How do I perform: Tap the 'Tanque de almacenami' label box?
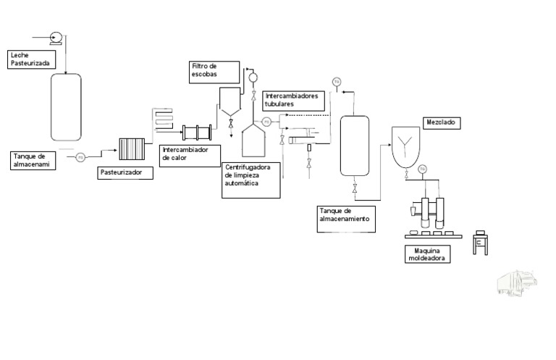coord(33,160)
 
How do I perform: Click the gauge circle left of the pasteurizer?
coord(80,156)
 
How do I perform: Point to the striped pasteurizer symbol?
coord(132,148)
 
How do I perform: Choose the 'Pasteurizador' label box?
coord(125,173)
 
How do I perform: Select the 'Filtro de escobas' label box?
coord(214,70)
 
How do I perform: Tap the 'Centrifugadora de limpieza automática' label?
coord(251,179)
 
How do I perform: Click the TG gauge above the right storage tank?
coord(337,81)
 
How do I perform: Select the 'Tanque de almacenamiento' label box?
coord(346,218)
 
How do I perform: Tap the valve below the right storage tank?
coord(355,190)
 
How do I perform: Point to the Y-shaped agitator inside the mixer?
coord(408,143)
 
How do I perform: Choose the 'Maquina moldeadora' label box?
coord(427,254)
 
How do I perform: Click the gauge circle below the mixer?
coord(422,169)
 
